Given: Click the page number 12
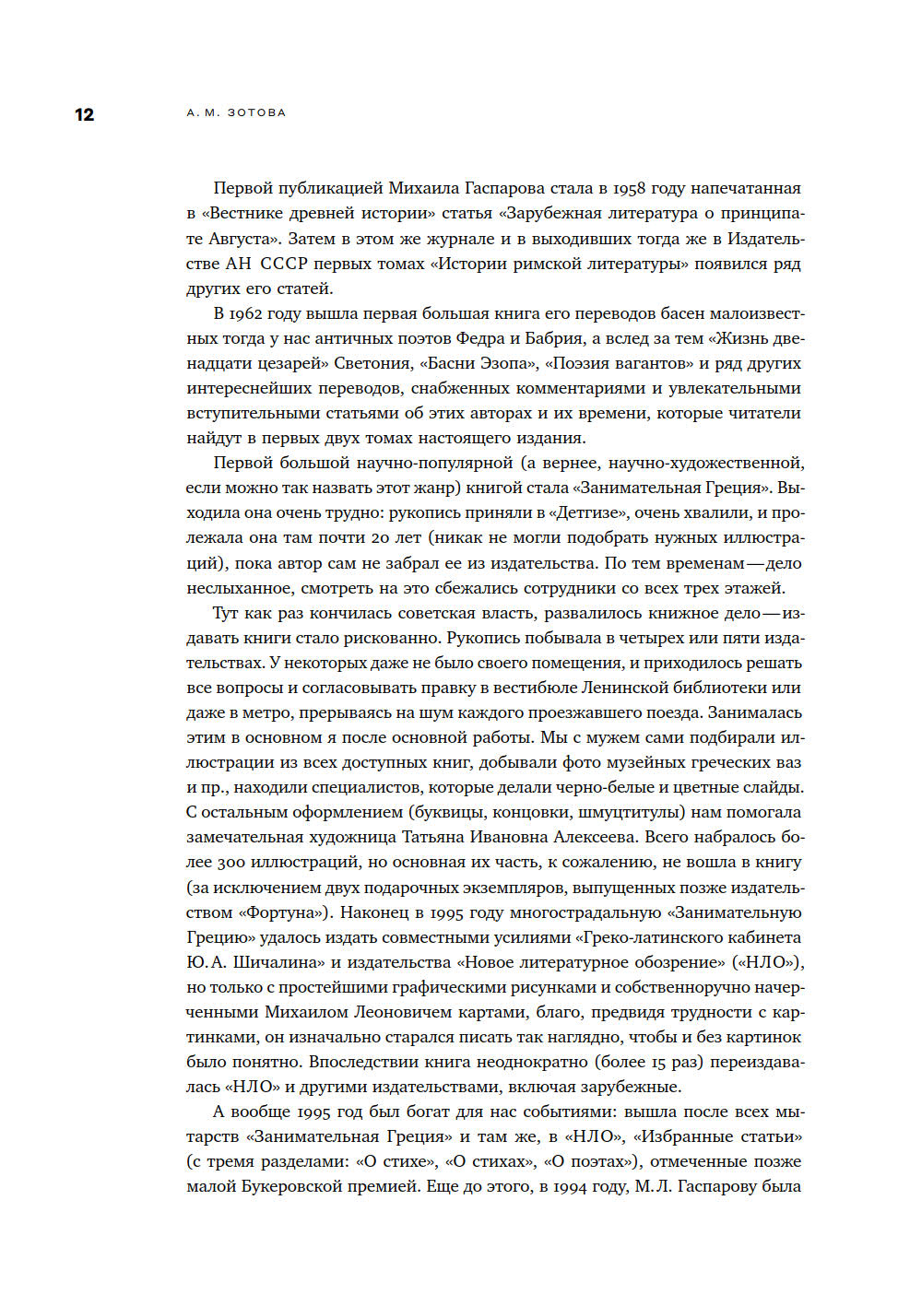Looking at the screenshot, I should [84, 115].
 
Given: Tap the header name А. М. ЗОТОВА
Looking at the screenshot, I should [236, 112].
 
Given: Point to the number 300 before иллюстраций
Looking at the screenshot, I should [232, 864].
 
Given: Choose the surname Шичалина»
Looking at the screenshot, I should [279, 963].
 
